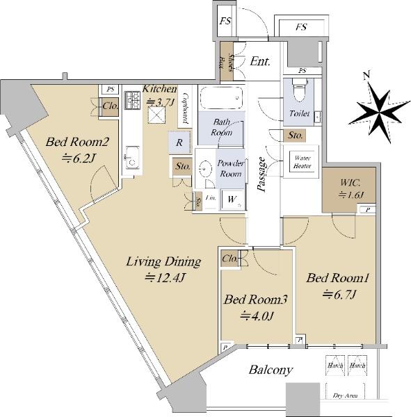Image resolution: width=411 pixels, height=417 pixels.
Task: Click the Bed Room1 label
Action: (x=337, y=286)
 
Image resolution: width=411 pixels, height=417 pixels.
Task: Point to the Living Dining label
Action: (x=163, y=270)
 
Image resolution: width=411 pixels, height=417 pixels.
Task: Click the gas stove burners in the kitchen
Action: (x=131, y=102)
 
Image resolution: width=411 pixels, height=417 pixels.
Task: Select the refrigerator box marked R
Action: (x=179, y=142)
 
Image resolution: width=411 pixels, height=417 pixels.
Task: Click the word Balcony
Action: (x=271, y=370)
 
